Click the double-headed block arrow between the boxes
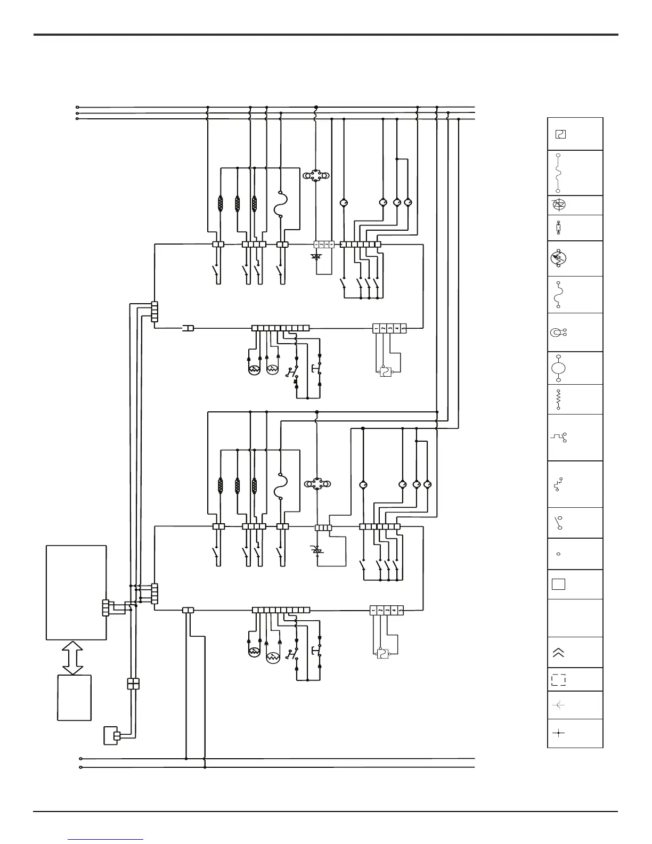[x=73, y=657]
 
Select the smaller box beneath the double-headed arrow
[x=74, y=697]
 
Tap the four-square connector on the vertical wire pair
[x=133, y=684]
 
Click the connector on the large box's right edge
[x=105, y=608]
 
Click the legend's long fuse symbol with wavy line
[x=558, y=173]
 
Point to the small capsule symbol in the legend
[x=558, y=228]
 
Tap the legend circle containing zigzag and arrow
[x=558, y=258]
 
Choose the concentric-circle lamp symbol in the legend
[x=557, y=332]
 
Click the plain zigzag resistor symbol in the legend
[x=558, y=399]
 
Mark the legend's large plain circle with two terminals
[x=558, y=368]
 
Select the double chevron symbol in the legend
[x=558, y=652]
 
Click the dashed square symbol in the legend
[x=558, y=679]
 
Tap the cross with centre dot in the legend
[x=558, y=733]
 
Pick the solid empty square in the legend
[x=558, y=584]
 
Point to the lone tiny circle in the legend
[x=558, y=554]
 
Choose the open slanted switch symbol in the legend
[x=558, y=523]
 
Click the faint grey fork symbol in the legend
[x=559, y=705]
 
